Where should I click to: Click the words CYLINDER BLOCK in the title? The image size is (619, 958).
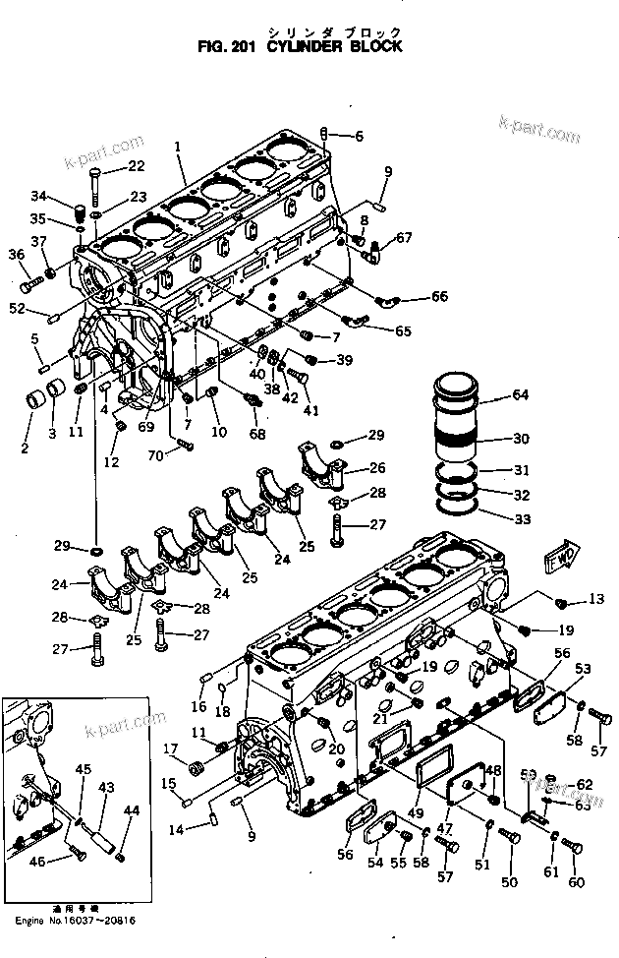point(340,46)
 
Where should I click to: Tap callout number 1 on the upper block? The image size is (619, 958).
point(178,147)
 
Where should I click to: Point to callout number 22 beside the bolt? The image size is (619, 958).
point(135,166)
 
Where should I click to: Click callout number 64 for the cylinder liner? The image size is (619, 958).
point(520,396)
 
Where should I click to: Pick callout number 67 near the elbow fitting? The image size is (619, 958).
point(405,238)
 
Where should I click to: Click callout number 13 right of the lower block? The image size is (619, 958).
point(597,600)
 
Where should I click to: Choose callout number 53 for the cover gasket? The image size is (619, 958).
point(583,668)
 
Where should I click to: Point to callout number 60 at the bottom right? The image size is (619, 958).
point(576,881)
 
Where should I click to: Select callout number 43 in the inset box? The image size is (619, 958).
point(106,786)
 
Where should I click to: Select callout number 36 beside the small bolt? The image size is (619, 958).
point(16,255)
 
